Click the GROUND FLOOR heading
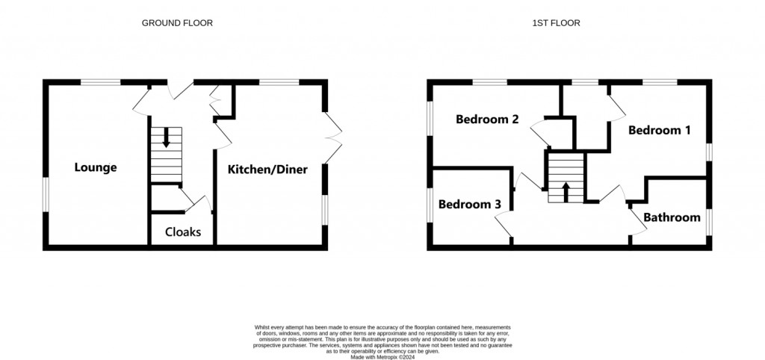pos(177,23)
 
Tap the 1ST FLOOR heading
pos(556,23)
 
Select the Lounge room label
pos(95,167)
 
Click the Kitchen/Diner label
pos(267,170)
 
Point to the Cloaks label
pos(183,232)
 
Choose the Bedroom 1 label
pos(659,130)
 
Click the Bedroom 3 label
pos(468,204)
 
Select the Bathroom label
pos(672,217)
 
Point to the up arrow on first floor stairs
pos(565,191)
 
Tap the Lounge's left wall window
pos(46,194)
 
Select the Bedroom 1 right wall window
pos(707,150)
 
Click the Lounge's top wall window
pos(101,81)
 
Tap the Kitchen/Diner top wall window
pos(280,81)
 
